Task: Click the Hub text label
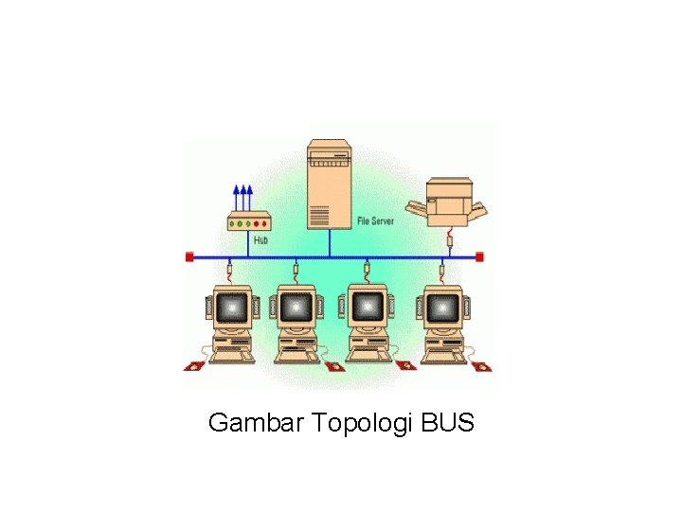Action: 260,240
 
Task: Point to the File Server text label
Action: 375,220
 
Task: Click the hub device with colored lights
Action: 249,223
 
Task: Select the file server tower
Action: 329,185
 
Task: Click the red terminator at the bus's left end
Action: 189,256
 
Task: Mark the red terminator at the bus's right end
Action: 479,256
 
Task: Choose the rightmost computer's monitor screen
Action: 442,307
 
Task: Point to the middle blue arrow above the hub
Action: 244,198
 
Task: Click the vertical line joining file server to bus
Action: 329,243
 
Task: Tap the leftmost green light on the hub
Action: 238,224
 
